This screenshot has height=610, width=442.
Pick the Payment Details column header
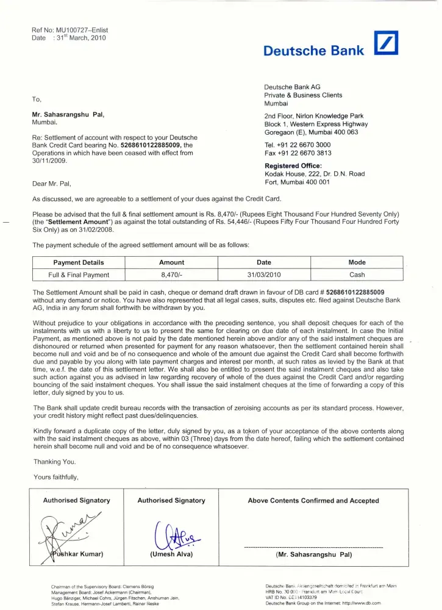coord(79,262)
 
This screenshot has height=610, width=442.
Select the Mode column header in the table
coord(357,262)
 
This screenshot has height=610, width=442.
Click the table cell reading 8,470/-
coord(172,274)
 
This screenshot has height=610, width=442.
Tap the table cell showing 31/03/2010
coord(264,274)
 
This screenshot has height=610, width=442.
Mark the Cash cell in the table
coord(357,274)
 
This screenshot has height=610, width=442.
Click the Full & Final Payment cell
coord(79,274)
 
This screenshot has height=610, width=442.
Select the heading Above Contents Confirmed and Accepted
coord(313,501)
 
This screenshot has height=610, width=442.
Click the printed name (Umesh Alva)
coord(171,554)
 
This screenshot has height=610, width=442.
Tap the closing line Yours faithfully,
coord(55,477)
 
